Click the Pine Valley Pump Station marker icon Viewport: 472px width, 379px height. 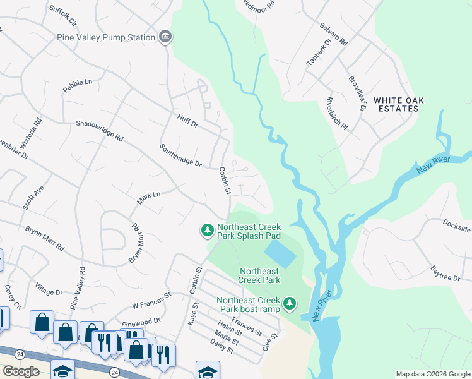click(165, 37)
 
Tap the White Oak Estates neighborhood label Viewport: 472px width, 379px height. click(396, 104)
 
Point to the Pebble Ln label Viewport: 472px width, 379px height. click(77, 86)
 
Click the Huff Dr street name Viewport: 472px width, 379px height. click(187, 121)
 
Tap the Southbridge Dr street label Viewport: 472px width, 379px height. click(180, 156)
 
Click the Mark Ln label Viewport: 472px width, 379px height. click(149, 198)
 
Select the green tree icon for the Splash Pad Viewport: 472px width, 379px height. click(206, 231)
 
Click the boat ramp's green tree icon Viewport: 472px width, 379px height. click(289, 304)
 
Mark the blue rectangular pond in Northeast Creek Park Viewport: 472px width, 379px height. click(279, 253)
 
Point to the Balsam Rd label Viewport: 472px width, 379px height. click(334, 35)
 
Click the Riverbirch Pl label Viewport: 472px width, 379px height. click(337, 113)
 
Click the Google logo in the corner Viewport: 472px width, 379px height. click(21, 371)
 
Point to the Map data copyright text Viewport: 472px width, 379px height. click(433, 374)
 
